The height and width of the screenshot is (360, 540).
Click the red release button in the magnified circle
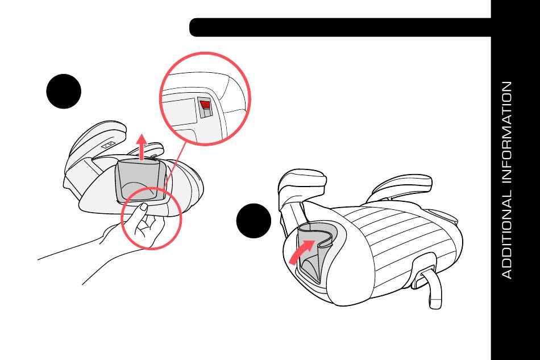[x=205, y=105]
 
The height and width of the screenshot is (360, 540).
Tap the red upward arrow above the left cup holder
[x=141, y=147]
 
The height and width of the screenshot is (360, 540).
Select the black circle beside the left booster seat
[x=64, y=92]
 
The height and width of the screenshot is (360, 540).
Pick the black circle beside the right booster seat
[x=254, y=221]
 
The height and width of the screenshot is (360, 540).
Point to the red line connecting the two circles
[x=175, y=165]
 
